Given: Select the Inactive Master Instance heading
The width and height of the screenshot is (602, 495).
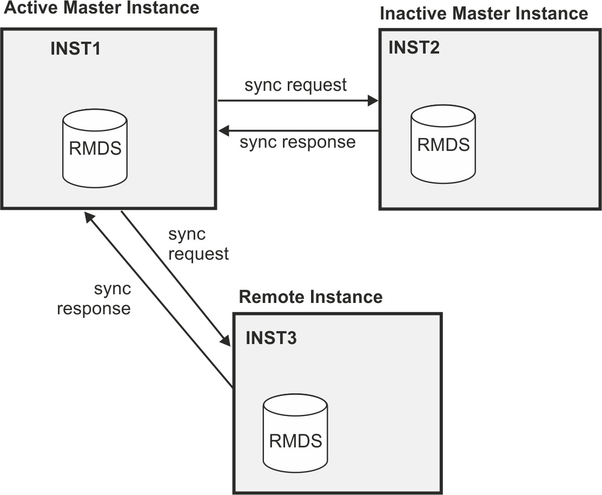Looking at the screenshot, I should tap(484, 14).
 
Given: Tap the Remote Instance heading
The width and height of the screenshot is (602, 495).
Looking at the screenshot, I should tap(310, 297).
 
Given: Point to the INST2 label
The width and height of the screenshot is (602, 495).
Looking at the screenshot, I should tap(414, 47).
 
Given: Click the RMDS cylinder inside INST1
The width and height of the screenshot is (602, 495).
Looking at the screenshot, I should tap(95, 147).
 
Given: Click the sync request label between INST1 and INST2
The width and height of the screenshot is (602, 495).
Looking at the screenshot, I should tap(295, 85).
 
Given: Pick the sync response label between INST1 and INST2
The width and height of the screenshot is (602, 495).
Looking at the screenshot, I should tap(297, 142).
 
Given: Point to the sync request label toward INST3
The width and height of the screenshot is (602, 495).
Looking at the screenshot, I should tap(198, 244).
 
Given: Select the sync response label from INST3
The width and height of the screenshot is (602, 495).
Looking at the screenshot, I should tap(94, 299).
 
